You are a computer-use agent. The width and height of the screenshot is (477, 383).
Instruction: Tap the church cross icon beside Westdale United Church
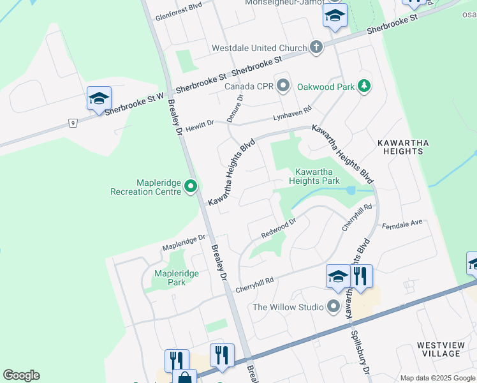(316, 47)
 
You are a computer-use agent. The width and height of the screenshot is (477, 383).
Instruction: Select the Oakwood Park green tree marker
(363, 86)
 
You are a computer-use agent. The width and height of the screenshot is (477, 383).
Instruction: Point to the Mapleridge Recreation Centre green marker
(191, 187)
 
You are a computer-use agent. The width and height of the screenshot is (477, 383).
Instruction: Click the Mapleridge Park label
(177, 278)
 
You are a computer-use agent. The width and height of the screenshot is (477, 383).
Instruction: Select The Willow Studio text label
(288, 307)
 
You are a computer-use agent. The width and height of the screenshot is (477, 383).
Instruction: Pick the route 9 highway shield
(73, 123)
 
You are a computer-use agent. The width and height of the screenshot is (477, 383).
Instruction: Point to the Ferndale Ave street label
(402, 225)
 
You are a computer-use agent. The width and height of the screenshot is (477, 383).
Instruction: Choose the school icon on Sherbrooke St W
(99, 99)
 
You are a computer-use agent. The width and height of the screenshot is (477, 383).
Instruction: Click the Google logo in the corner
(21, 375)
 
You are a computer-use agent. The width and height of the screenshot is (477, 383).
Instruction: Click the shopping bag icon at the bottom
(184, 378)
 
